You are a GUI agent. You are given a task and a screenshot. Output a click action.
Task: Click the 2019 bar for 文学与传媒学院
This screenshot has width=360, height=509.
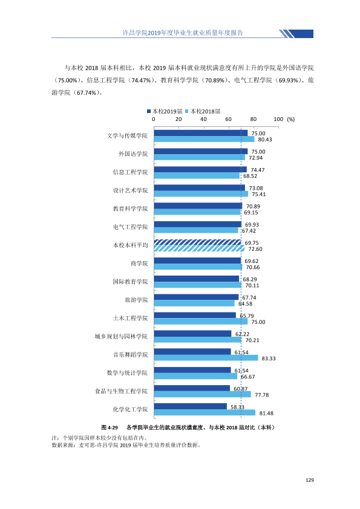coord(200,133)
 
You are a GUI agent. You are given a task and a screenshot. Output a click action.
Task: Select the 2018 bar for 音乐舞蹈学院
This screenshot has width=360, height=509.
coord(206,358)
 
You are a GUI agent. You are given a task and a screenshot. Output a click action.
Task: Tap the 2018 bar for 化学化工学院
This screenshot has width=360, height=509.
coord(205,413)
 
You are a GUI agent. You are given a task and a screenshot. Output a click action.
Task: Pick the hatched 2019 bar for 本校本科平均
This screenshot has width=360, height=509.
coord(197,242)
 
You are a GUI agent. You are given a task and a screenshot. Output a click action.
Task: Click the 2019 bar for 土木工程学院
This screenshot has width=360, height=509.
coord(195,316)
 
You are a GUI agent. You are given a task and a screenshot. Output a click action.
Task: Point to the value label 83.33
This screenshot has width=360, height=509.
coord(269,358)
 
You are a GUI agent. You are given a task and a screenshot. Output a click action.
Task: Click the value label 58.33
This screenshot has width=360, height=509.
coord(237,407)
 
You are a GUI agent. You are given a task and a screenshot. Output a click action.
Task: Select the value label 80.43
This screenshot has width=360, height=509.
coord(265,140)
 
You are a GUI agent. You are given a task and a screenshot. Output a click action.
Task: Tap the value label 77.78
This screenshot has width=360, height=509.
coord(261,395)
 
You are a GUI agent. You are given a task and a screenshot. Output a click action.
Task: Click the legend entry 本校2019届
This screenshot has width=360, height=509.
coord(165,111)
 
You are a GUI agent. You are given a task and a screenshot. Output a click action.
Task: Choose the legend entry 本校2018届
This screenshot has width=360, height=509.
coord(203,111)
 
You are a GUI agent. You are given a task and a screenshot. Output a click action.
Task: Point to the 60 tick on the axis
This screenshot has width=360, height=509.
coord(229,119)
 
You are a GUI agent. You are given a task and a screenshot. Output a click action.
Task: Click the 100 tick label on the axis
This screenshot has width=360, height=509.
coord(278,119)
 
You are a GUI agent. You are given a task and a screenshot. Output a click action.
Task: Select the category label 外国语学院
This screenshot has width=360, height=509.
coord(133,154)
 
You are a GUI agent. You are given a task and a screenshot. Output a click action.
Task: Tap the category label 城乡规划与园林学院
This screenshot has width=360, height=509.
coord(121,336)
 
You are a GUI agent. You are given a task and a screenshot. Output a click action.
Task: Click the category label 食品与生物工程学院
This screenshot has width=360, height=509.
coord(121,391)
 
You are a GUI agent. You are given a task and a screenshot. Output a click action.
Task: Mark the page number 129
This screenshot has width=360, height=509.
coord(310,480)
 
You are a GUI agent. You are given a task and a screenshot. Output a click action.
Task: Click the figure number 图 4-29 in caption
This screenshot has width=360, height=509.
coord(110,427)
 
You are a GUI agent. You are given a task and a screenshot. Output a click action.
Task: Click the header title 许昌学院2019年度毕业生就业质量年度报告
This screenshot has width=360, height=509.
coord(183,33)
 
